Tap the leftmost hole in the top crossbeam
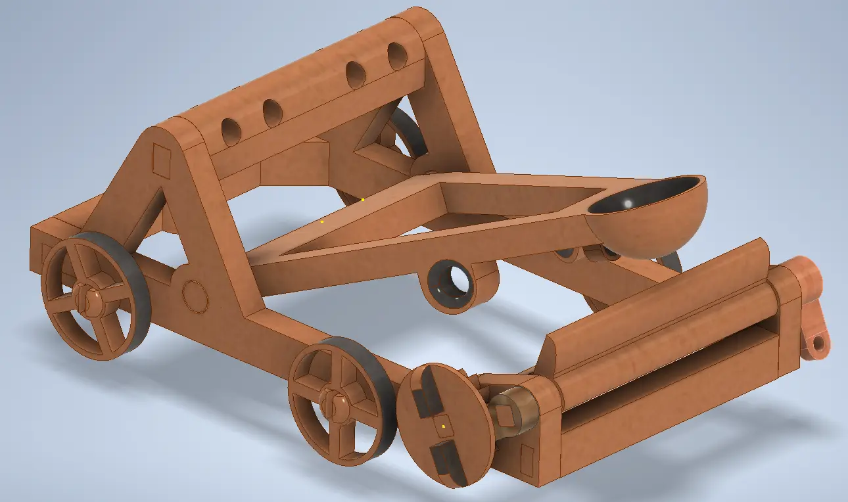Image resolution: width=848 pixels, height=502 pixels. (x=231, y=132)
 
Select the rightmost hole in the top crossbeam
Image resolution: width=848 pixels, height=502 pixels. (x=397, y=56)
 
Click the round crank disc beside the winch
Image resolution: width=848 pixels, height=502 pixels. (x=444, y=425)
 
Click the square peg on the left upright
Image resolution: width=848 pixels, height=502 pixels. (x=161, y=158)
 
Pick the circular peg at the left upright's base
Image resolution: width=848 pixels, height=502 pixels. (x=195, y=296)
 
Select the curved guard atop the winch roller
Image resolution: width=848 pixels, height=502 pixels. (x=657, y=289)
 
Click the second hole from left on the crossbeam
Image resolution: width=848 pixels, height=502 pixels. (x=273, y=113)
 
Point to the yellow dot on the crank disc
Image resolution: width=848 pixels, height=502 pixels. (x=444, y=427)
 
